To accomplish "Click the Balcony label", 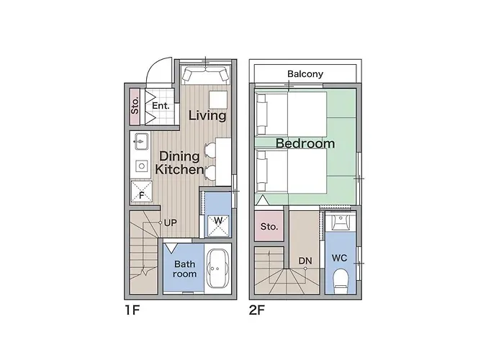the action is [305, 74].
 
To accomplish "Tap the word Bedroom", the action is [305, 143].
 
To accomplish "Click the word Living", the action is [207, 115].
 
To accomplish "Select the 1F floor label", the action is [132, 310].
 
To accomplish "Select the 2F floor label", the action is [257, 310].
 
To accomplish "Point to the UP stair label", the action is [170, 222].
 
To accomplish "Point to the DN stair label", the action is [305, 261].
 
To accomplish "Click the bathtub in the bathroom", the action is [218, 269].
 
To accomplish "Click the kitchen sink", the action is [141, 141].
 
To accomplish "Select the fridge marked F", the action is [141, 192].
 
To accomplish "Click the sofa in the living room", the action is [205, 75].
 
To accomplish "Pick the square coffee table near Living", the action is [218, 99].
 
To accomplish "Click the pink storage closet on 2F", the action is [269, 226].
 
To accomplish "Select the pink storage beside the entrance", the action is [135, 107].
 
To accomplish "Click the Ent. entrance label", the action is [161, 105].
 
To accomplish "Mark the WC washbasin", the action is [341, 222].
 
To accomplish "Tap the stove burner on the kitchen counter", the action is [141, 166].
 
